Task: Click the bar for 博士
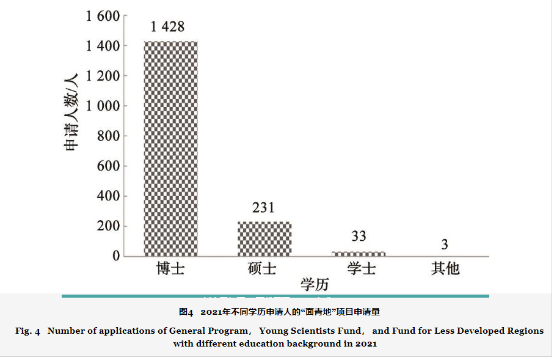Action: pos(170,149)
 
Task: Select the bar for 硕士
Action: pos(264,238)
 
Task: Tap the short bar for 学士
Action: pos(359,253)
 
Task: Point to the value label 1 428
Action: pos(167,26)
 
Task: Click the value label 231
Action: pos(263,208)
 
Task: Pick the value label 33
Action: pos(359,237)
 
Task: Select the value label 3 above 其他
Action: pos(445,244)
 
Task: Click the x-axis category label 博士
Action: pos(170,268)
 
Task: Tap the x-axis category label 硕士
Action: pos(263,268)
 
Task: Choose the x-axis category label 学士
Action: pos(360,268)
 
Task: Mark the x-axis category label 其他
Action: pos(445,268)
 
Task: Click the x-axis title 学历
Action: pos(315,284)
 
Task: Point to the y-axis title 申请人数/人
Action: pos(72,112)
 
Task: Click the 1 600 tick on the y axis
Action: pos(103,16)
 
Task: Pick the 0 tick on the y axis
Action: pos(115,256)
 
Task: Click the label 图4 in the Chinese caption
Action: pos(186,312)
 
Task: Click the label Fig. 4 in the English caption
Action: pos(27,331)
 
